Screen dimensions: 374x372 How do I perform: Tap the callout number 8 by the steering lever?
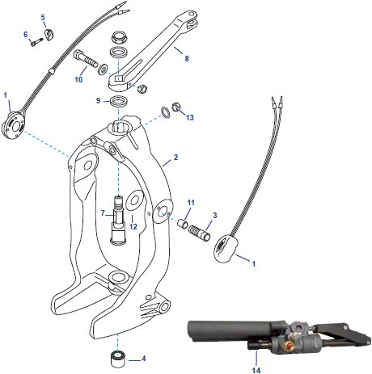[187, 60]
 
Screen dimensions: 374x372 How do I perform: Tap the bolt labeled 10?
[86, 61]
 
